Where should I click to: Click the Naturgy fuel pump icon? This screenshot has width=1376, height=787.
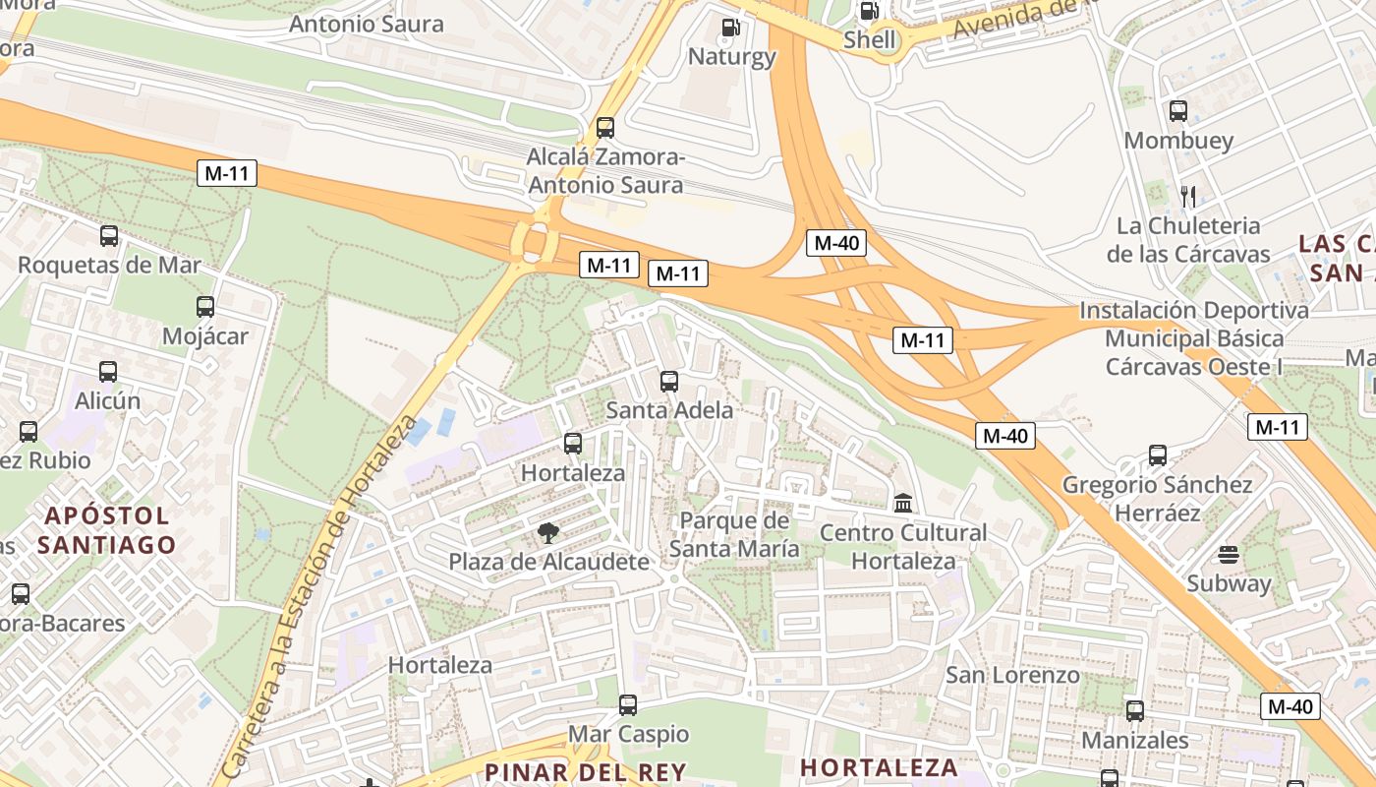(x=730, y=28)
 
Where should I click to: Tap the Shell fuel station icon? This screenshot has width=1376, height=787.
(x=870, y=11)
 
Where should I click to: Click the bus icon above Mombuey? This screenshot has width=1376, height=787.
(x=1177, y=111)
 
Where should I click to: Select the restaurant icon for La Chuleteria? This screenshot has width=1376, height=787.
(x=1187, y=196)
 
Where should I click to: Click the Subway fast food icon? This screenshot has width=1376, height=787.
(x=1228, y=554)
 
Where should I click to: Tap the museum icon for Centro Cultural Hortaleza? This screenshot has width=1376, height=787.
(x=903, y=504)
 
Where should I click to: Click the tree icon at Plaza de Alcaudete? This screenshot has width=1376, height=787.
(x=548, y=533)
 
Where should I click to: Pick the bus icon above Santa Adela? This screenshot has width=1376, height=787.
(x=669, y=381)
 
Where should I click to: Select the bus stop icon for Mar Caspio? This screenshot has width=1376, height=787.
(x=628, y=705)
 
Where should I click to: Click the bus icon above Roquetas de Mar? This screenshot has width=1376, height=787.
(x=109, y=236)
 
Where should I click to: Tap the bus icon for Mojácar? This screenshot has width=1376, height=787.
(x=204, y=307)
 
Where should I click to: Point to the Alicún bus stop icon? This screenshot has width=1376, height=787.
(x=108, y=372)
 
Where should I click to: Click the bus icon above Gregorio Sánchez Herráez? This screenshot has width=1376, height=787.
(x=1158, y=455)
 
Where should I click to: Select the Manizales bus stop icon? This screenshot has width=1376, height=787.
(x=1135, y=710)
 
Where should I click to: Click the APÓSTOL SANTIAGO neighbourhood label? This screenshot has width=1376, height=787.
(x=108, y=529)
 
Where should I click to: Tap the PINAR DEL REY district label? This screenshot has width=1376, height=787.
(x=585, y=770)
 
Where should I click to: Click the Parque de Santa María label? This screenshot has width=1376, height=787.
(x=734, y=534)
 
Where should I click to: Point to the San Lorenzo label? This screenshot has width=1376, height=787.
(x=1012, y=675)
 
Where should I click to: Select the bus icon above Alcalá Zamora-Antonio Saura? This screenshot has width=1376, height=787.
(x=605, y=128)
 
